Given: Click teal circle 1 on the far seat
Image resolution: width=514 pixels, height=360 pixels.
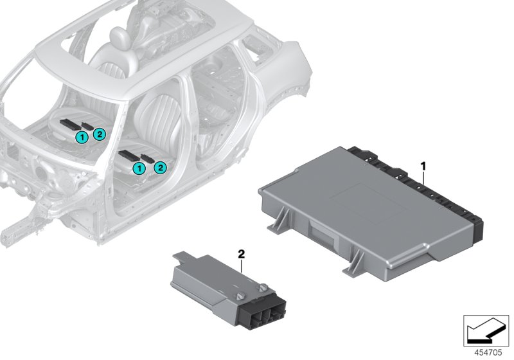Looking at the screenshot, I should [81, 137].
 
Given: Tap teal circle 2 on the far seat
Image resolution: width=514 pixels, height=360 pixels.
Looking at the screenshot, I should [99, 134].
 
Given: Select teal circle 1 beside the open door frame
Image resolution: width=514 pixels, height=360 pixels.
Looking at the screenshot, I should [138, 168].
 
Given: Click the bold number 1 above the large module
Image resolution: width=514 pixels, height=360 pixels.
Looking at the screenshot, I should [423, 148].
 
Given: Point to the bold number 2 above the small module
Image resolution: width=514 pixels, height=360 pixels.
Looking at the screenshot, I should [242, 254].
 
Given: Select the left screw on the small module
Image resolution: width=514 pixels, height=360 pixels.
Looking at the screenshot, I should [241, 295].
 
